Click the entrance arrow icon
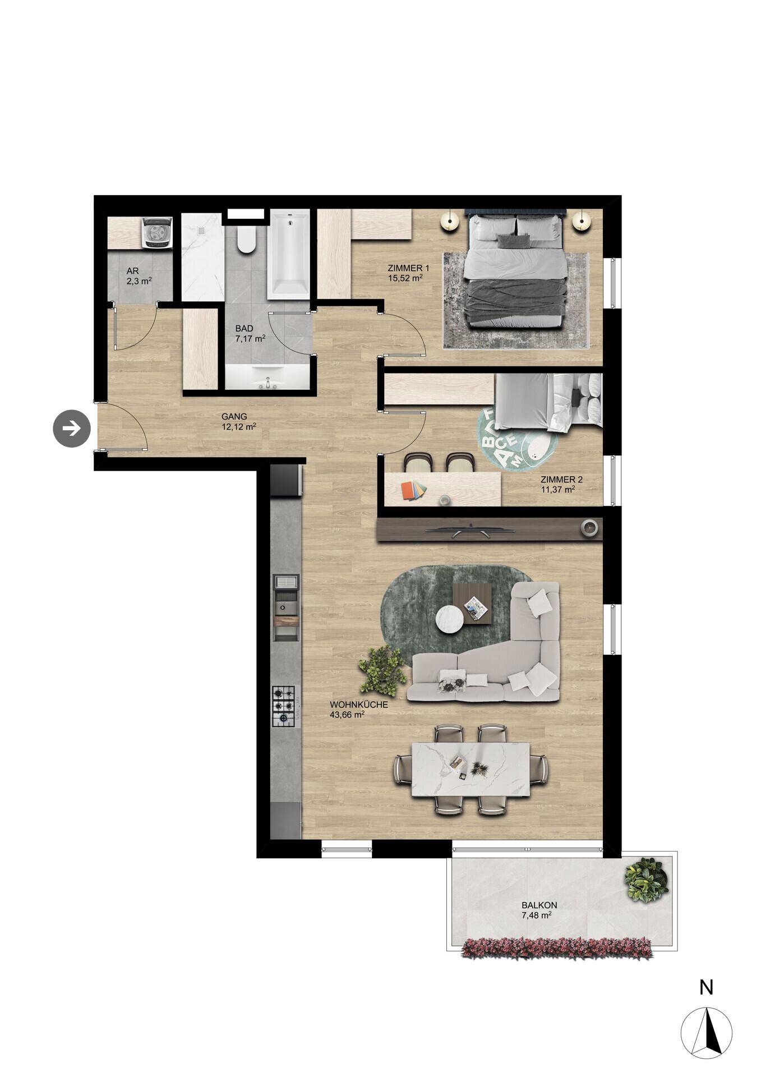72,429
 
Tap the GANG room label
234,417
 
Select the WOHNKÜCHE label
359,705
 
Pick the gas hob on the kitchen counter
284,707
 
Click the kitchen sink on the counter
285,606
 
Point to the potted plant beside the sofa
382,670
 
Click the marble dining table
471,769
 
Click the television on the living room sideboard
470,529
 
